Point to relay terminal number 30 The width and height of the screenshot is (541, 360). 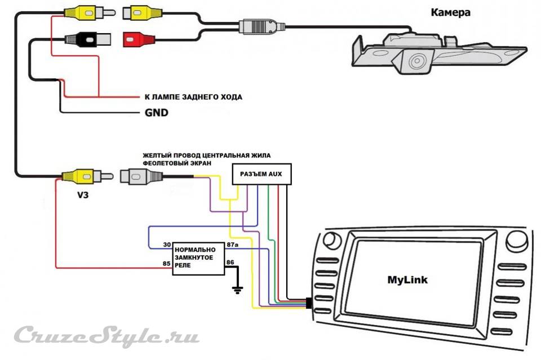pos(167,245)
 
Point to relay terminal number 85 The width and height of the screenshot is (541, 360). pos(167,263)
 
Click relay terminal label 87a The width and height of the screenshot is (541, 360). pos(232,245)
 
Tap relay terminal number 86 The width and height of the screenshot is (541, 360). pos(230,263)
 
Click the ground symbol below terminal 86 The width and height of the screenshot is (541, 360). pos(237,290)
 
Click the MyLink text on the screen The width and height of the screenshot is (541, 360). pos(407,279)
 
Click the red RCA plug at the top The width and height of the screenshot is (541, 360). pos(138,39)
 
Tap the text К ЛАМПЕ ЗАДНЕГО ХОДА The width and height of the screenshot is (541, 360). pos(193,97)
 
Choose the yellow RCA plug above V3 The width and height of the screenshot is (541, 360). pos(79,177)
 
